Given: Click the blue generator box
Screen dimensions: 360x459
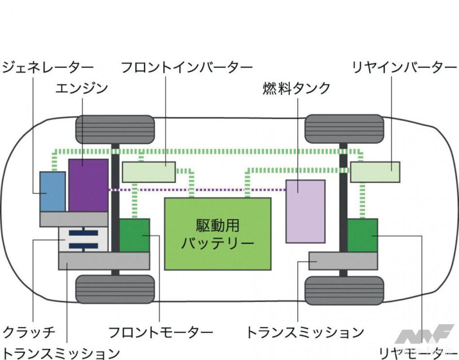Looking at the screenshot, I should click(52, 191).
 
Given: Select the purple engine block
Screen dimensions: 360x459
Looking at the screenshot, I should click(88, 185).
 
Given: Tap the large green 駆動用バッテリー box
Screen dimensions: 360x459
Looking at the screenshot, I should click(217, 234).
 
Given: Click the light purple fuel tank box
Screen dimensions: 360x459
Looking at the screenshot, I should click(305, 211).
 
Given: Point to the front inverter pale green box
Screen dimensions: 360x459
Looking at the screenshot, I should click(148, 171).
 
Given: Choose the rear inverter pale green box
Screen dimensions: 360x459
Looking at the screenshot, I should click(375, 172).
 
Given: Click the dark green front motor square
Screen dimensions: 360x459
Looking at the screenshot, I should click(134, 235).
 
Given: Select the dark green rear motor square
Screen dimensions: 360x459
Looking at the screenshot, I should click(362, 235).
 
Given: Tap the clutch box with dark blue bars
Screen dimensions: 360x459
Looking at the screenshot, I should click(83, 239).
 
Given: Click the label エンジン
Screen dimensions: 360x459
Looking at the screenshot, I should click(82, 88).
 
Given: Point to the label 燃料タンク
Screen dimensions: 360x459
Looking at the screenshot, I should click(296, 88).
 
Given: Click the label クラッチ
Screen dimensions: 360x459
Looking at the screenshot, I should click(29, 332).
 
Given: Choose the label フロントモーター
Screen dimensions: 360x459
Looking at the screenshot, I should click(160, 332).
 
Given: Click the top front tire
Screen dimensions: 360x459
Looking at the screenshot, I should click(115, 129).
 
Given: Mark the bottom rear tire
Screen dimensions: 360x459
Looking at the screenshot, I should click(344, 290).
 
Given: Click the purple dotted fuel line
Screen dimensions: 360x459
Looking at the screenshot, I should click(197, 190).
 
